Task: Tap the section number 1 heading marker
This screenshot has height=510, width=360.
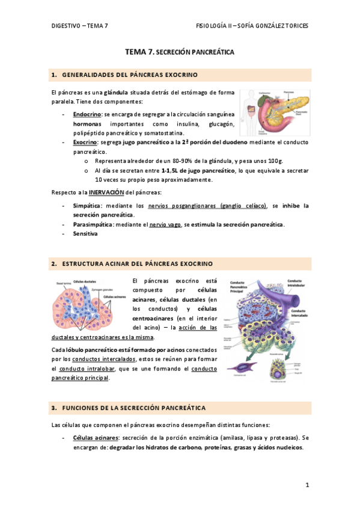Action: point(55,75)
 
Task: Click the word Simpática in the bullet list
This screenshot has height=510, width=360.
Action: point(87,206)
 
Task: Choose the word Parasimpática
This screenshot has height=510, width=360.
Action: point(91,224)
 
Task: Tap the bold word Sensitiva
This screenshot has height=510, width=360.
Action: point(85,234)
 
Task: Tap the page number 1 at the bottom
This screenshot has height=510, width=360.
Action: point(307,485)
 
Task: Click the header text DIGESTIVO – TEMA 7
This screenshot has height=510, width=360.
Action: point(79,26)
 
